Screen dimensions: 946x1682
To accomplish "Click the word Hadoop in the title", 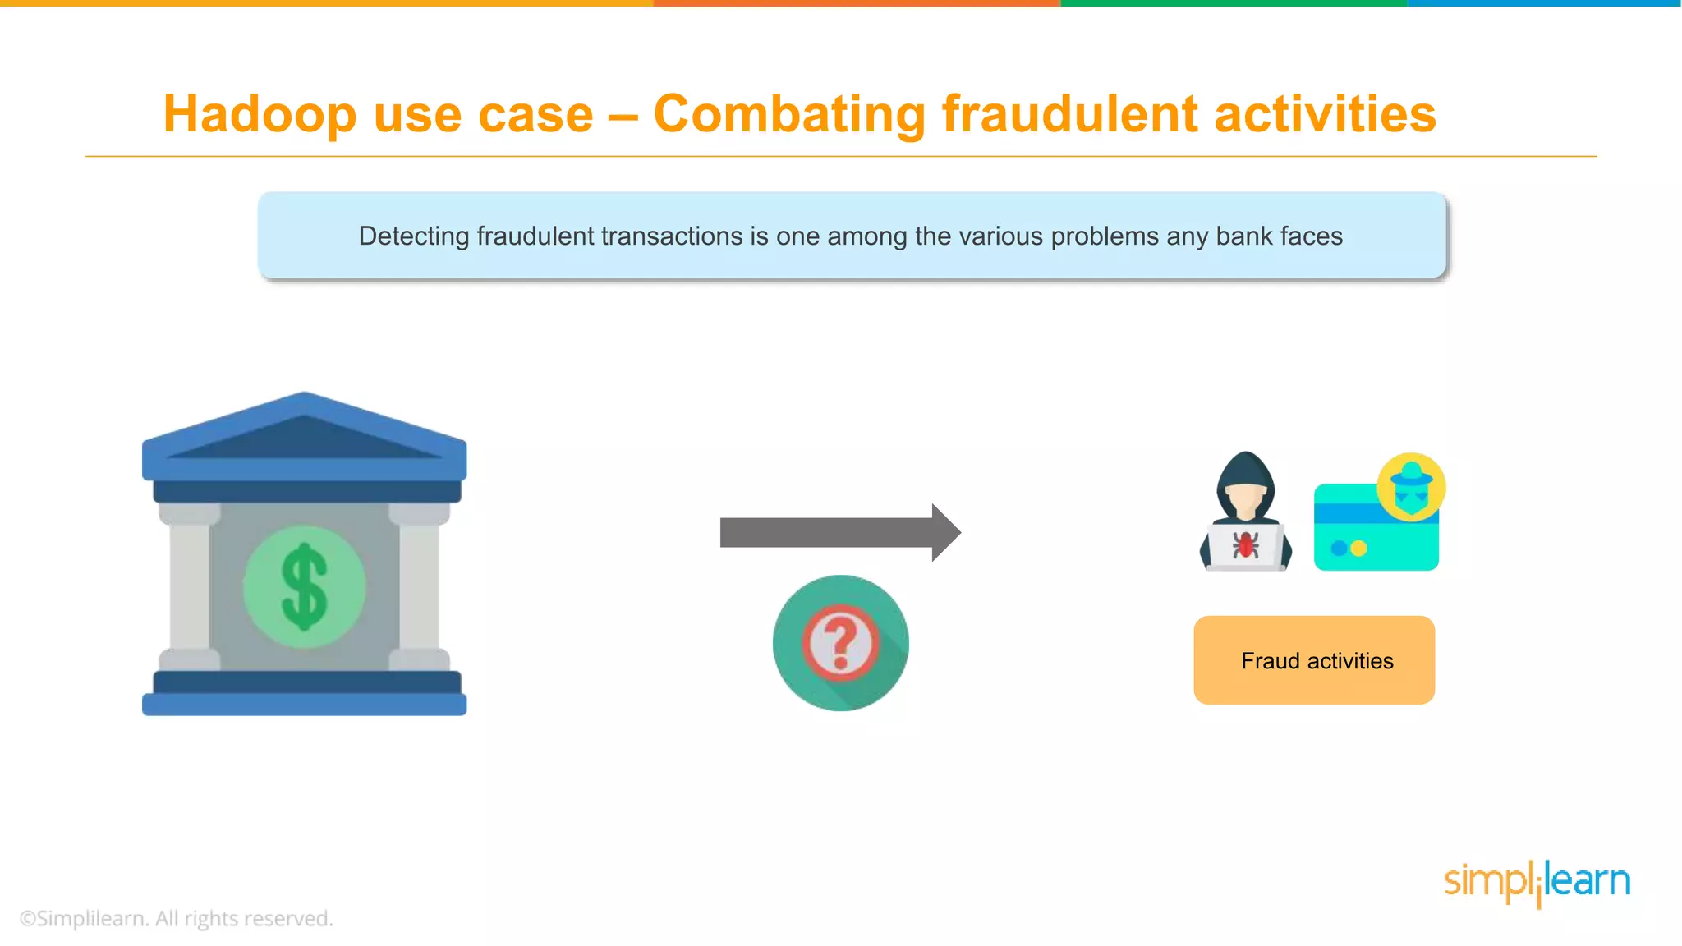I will (x=260, y=114).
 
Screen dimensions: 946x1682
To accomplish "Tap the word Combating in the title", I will (x=789, y=114).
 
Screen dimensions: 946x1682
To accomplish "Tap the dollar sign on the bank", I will (x=305, y=586).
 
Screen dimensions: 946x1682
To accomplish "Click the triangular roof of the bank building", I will (x=304, y=435).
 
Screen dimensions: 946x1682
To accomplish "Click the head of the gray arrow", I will (x=945, y=532).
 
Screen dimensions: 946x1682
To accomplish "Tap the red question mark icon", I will (x=840, y=643).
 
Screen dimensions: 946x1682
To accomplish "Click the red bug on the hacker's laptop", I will (x=1245, y=544).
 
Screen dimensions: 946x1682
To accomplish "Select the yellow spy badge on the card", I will (x=1411, y=486).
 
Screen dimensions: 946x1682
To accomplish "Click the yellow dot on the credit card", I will (x=1359, y=548).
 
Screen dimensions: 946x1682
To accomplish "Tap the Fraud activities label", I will (x=1316, y=661).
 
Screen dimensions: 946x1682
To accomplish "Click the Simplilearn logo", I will (x=1537, y=883).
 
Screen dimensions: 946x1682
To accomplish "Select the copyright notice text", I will (x=177, y=918).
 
